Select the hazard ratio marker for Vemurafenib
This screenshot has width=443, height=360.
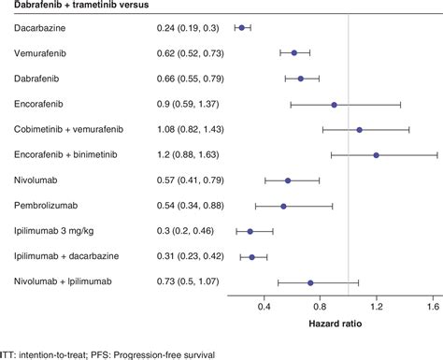294,53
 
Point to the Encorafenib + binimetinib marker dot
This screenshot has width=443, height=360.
376,155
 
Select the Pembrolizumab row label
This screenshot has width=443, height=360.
47,206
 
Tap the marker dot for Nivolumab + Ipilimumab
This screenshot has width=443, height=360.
310,281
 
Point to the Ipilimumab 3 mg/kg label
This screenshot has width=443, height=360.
54,231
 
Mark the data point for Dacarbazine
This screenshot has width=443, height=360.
241,28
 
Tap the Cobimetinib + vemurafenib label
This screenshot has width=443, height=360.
69,129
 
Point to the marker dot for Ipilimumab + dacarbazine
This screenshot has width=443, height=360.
251,256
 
